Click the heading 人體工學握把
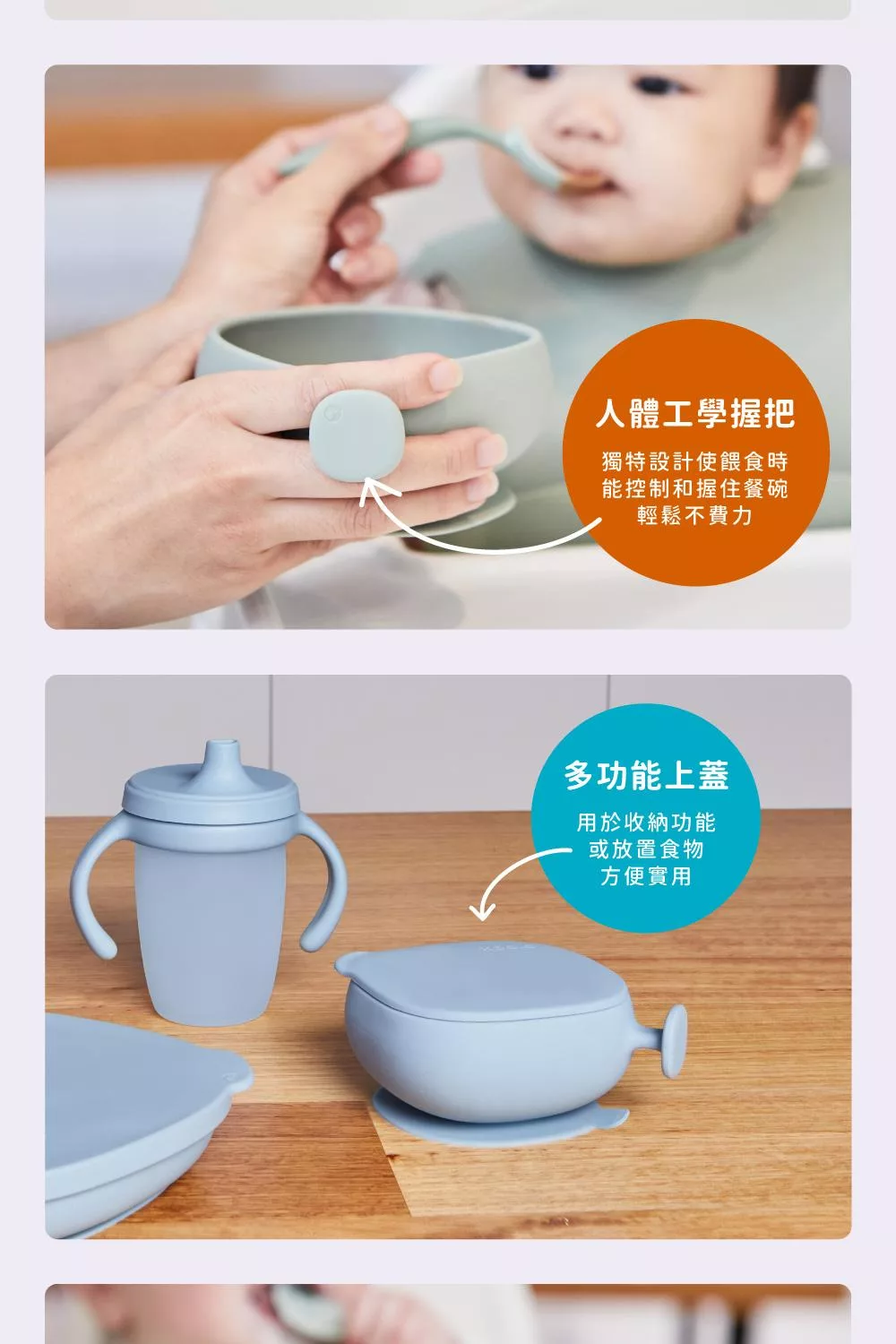click(x=695, y=413)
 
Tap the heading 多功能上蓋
click(x=646, y=775)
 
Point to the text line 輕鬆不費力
click(x=695, y=515)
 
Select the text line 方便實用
click(x=646, y=876)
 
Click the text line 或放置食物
click(x=646, y=849)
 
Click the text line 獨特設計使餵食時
click(x=695, y=462)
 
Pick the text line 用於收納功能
click(x=646, y=822)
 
